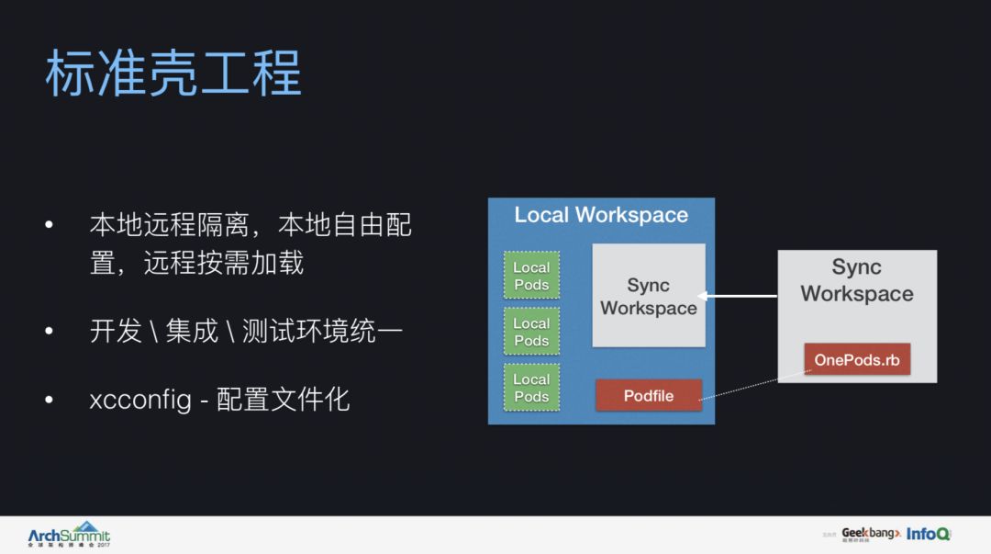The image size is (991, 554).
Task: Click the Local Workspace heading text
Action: [x=601, y=215]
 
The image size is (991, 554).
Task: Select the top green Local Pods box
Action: [x=531, y=276]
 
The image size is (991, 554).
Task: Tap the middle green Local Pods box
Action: [x=531, y=332]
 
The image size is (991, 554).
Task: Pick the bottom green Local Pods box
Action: [x=531, y=388]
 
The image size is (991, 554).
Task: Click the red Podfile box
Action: [x=649, y=396]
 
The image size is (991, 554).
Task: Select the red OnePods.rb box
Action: [x=857, y=359]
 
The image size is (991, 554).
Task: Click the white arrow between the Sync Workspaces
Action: [x=738, y=296]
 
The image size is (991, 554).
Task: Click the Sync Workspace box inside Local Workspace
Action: [x=649, y=296]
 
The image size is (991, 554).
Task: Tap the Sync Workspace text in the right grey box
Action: [x=857, y=280]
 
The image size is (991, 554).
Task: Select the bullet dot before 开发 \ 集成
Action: [x=50, y=331]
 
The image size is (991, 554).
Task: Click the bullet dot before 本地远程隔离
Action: [x=50, y=225]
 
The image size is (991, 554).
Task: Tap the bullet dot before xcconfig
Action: [x=50, y=401]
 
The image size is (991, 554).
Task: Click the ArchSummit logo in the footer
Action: [x=69, y=536]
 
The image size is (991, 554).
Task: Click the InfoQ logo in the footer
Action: [x=929, y=534]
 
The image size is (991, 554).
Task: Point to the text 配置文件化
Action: [x=283, y=400]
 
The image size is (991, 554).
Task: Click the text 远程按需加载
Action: [x=223, y=265]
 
